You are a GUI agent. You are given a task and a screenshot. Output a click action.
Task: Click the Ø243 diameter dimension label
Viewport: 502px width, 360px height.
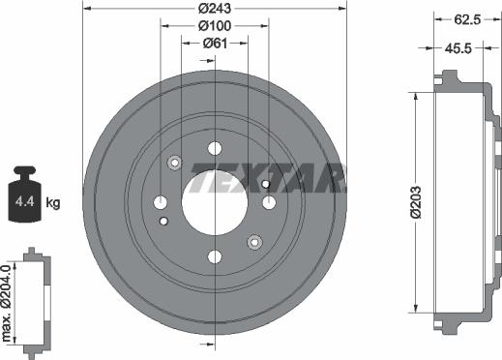[x=215, y=9]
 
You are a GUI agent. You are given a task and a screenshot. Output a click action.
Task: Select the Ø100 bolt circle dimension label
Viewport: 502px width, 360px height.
[x=215, y=26]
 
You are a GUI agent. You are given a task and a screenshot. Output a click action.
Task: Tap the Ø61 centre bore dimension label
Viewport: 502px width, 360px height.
[x=215, y=44]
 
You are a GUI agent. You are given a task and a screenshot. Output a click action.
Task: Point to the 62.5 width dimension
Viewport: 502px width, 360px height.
[x=467, y=19]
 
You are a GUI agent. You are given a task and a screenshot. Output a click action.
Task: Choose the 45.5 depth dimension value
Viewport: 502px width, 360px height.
[x=458, y=48]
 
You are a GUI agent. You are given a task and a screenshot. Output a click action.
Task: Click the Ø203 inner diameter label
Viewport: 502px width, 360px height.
[x=416, y=202]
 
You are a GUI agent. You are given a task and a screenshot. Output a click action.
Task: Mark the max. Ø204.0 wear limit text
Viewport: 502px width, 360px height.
[x=7, y=303]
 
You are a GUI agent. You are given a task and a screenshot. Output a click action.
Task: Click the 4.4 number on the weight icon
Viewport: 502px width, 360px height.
[x=25, y=202]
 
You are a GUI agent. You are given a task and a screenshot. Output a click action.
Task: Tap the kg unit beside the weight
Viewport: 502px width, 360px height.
[x=53, y=203]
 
